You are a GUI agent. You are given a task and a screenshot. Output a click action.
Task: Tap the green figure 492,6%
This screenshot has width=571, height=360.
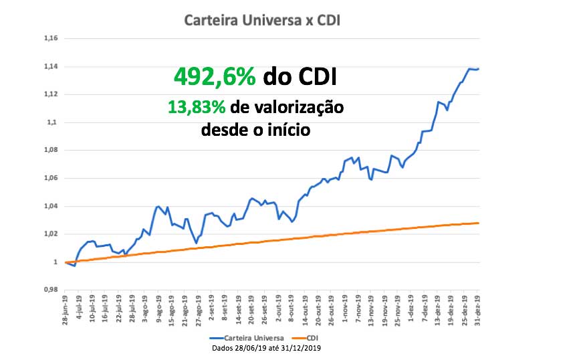tap(215, 76)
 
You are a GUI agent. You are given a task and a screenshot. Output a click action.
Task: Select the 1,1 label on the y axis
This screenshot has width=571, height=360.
tap(53, 122)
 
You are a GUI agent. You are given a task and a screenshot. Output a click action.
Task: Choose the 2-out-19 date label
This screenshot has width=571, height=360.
tap(278, 311)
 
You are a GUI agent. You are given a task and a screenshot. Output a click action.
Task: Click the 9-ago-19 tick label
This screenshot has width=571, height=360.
tap(158, 311)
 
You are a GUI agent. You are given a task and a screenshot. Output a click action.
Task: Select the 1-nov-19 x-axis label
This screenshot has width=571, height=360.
tap(344, 311)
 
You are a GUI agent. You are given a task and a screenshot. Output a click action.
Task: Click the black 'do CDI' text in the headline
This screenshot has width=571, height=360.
tap(300, 76)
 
